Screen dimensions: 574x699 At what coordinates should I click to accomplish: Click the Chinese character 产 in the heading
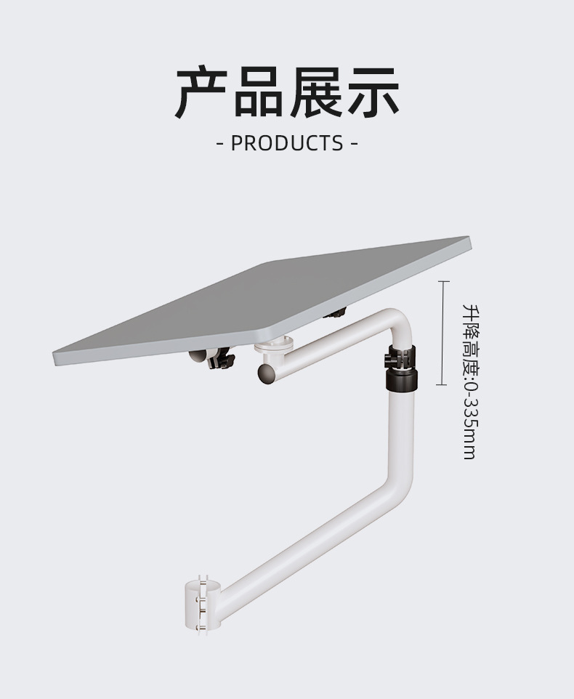click(x=201, y=92)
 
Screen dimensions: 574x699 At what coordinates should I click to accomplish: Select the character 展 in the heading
click(x=315, y=92)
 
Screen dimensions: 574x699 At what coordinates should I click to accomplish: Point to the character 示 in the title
click(x=372, y=92)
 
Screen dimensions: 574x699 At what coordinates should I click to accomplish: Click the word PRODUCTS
click(x=287, y=143)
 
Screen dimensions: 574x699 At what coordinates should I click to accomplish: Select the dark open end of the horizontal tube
click(x=267, y=373)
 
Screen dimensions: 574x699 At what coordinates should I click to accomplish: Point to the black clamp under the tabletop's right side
click(x=336, y=314)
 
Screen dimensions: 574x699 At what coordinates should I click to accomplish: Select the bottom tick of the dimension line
click(x=442, y=384)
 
